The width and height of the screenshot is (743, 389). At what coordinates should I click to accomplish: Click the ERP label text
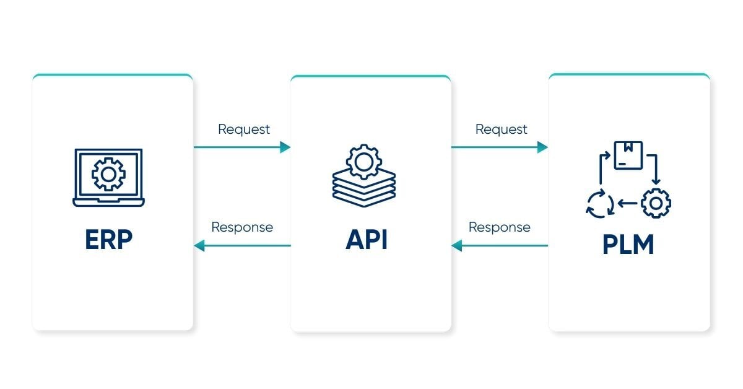[x=108, y=240]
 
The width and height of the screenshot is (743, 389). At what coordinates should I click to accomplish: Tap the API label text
[x=367, y=240]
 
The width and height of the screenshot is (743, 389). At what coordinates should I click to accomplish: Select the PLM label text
[x=628, y=244]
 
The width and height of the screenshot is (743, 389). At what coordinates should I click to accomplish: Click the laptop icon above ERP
[x=108, y=177]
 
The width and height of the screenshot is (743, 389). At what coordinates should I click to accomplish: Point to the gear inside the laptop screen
[x=108, y=173]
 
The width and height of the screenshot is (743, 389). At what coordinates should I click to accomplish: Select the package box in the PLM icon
[x=628, y=155]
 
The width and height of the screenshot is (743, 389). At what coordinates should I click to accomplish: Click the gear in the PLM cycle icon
[x=656, y=203]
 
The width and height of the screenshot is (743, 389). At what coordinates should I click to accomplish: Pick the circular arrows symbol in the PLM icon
[x=600, y=204]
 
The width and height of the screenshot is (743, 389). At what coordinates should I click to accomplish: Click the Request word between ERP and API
[x=244, y=129]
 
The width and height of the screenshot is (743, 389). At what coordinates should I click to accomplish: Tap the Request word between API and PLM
[x=501, y=129]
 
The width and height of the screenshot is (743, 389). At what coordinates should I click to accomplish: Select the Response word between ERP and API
[x=242, y=227]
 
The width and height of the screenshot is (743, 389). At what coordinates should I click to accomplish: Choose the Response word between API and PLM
[x=499, y=227]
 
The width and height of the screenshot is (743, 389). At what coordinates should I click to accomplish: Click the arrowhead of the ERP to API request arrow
[x=285, y=147]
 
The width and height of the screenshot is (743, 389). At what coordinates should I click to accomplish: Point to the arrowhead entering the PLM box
[x=542, y=147]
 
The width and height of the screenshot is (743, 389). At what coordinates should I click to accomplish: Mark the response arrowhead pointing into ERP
[x=199, y=246]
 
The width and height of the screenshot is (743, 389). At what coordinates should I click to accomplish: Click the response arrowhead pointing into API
[x=457, y=246]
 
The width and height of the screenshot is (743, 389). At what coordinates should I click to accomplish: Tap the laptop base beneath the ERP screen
[x=108, y=202]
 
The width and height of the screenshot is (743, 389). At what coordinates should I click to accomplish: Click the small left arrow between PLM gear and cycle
[x=628, y=203]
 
